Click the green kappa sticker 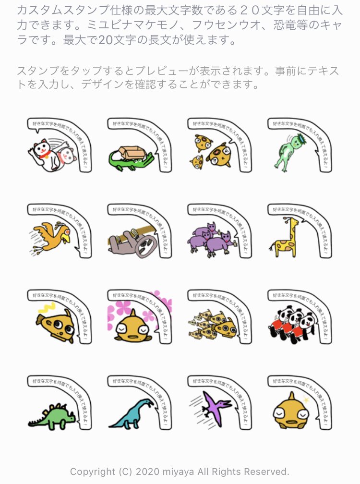coord(288,151)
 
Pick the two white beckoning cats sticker coord(50,154)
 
